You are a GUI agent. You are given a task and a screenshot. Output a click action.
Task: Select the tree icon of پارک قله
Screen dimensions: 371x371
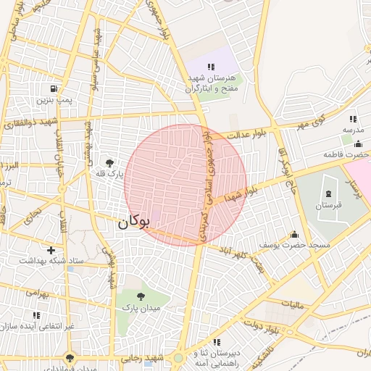109,163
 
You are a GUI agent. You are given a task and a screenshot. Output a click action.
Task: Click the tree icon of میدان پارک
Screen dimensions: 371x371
140,296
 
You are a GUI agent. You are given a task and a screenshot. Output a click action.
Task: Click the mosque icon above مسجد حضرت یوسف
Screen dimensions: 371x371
293,234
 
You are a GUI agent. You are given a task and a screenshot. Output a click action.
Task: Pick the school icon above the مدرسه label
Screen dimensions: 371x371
353,118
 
